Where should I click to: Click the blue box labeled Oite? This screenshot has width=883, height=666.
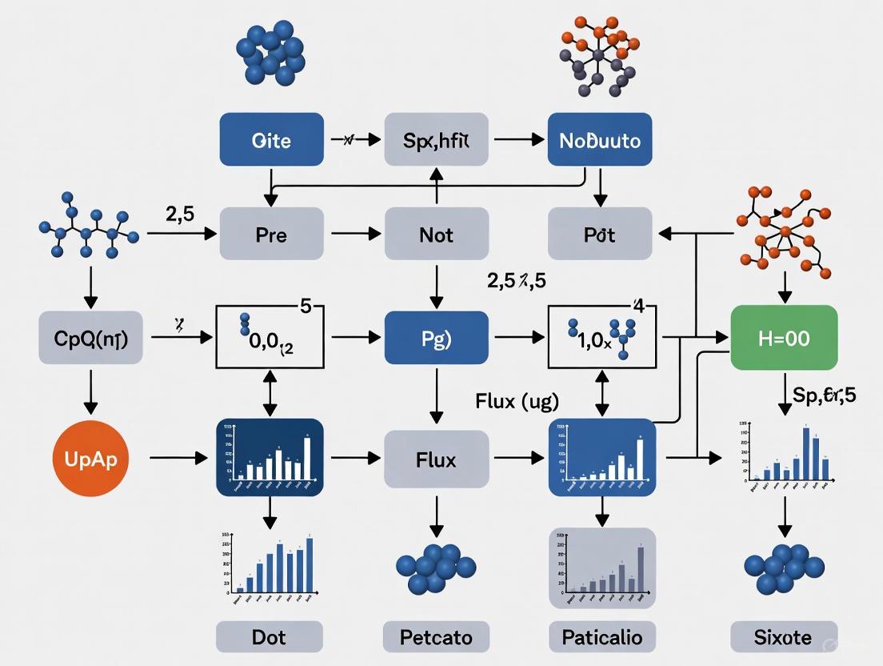(271, 139)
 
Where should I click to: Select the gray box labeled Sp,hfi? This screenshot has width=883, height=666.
(436, 139)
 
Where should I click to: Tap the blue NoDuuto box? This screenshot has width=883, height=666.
(600, 139)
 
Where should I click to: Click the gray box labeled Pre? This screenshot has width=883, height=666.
(271, 235)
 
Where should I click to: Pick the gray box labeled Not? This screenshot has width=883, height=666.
(436, 235)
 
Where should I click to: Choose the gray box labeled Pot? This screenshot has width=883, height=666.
(600, 235)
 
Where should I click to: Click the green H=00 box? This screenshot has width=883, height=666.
(784, 338)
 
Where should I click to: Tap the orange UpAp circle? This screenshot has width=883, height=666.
(90, 459)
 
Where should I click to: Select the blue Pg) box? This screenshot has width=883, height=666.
(436, 338)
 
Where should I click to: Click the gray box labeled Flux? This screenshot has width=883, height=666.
(436, 459)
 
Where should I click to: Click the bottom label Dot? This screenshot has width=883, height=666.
(269, 637)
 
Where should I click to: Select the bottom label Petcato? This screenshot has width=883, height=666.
(436, 637)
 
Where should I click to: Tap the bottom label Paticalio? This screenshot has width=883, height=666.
(602, 637)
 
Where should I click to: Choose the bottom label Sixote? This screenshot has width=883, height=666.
(784, 637)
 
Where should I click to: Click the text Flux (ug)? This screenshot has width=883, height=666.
(517, 399)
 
